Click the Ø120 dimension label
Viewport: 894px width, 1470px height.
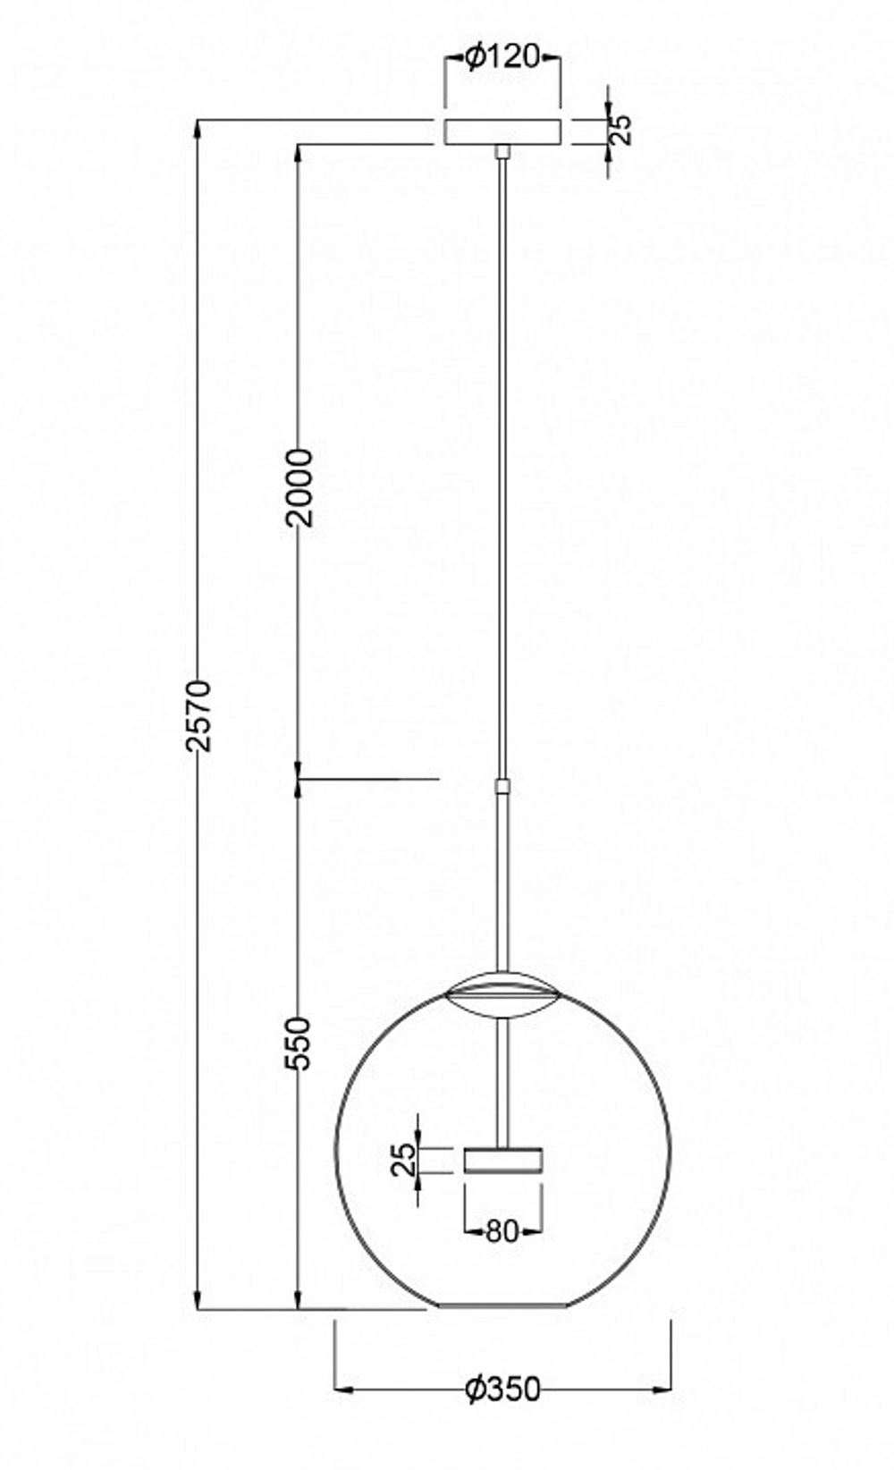click(502, 59)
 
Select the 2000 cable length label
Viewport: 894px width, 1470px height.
click(302, 487)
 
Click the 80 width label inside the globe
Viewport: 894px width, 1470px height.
click(502, 1232)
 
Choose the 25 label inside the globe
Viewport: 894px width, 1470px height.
click(405, 1161)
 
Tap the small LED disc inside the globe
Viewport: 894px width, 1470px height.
click(503, 1160)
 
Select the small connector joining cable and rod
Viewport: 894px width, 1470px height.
click(502, 787)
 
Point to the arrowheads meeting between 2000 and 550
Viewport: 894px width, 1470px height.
click(299, 780)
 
